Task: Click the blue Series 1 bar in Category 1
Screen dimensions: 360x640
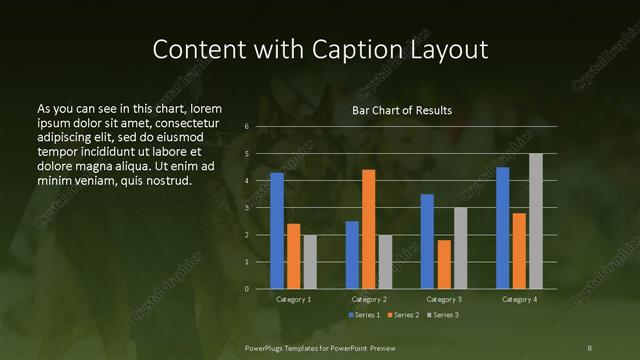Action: [x=277, y=231]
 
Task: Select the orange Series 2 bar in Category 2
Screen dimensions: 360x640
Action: [x=368, y=229]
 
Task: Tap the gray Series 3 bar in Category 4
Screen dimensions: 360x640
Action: [x=536, y=221]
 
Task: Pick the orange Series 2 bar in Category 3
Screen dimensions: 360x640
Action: [x=444, y=264]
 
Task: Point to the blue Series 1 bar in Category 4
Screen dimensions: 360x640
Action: [x=502, y=228]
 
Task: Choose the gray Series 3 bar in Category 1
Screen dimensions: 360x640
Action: [x=310, y=262]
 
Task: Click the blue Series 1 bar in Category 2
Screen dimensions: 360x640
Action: [x=352, y=255]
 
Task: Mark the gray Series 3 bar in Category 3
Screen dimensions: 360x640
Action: [x=460, y=248]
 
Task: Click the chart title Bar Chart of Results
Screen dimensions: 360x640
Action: [x=402, y=110]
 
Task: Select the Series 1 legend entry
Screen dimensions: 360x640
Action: [x=364, y=315]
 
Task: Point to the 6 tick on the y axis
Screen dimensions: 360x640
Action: [x=246, y=127]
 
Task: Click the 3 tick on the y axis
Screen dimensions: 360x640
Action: [x=246, y=208]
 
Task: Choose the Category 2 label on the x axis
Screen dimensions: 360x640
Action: [x=368, y=299]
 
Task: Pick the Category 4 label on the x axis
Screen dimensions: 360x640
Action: [x=519, y=299]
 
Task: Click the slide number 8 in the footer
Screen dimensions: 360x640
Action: [x=589, y=346]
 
